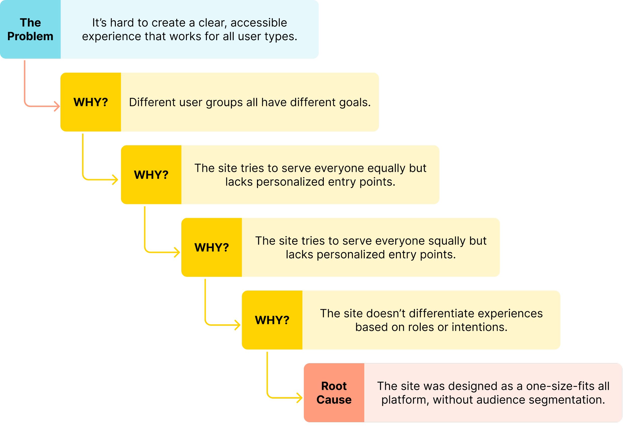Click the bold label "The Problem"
(30, 30)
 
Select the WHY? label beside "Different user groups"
(91, 102)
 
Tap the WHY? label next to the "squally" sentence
(212, 247)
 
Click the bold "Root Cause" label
(334, 393)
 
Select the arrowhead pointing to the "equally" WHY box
(116, 180)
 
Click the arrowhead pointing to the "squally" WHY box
(177, 252)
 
